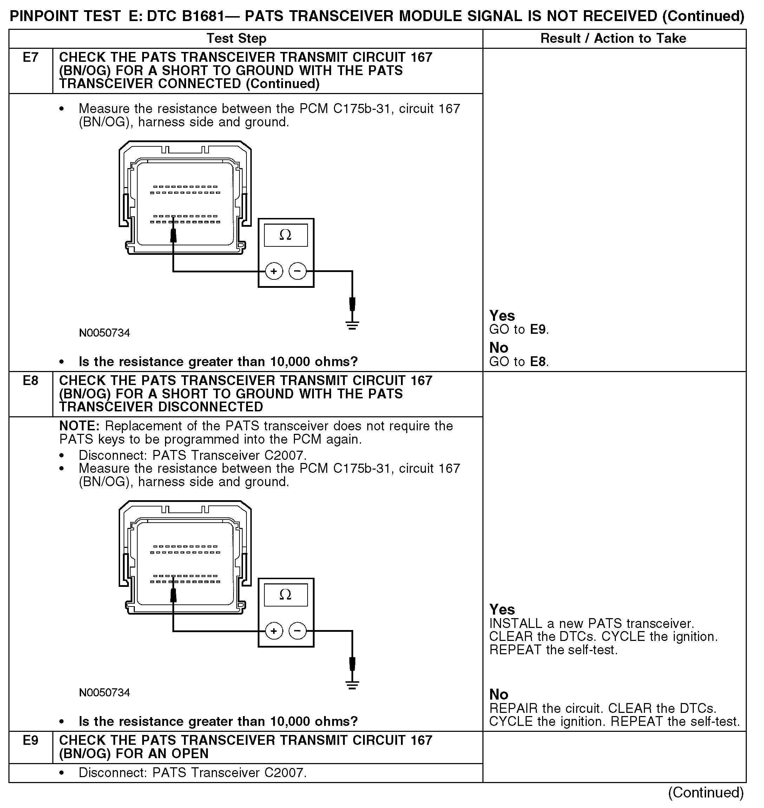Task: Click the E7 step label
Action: [31, 58]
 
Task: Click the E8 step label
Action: [31, 380]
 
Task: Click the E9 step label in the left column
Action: [31, 740]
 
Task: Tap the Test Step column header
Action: [236, 38]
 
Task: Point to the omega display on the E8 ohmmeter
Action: [285, 595]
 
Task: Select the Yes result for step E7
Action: [502, 316]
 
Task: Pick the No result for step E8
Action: [499, 694]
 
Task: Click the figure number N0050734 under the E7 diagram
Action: [104, 333]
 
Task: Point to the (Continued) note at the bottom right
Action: [705, 792]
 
